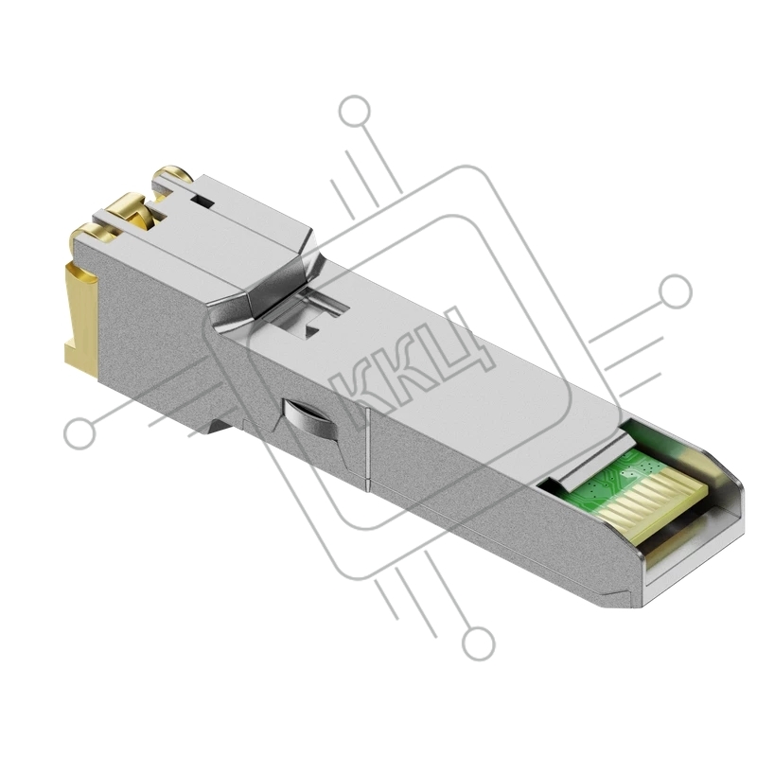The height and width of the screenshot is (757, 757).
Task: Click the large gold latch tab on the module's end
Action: (82, 320)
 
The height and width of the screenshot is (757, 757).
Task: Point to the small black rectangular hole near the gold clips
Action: (202, 200)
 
